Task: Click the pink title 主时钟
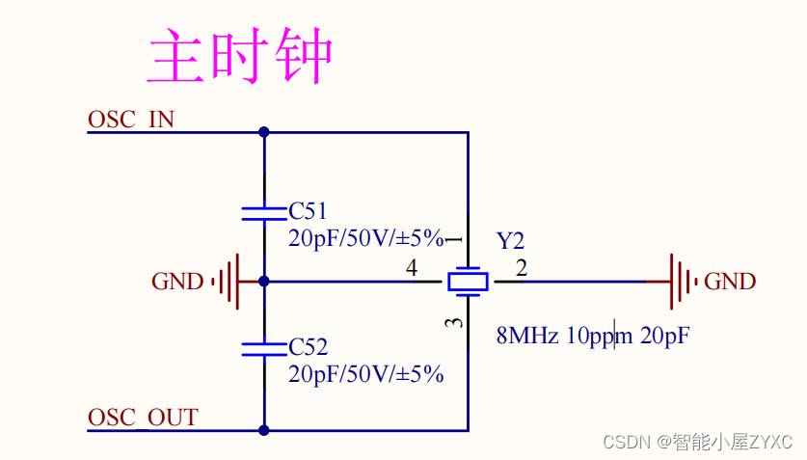[x=240, y=56]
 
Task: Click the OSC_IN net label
[x=131, y=120]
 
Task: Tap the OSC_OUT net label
[x=143, y=418]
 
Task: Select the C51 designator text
[x=308, y=211]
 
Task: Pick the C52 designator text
[x=308, y=347]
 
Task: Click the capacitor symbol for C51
[x=264, y=213]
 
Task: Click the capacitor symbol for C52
[x=264, y=349]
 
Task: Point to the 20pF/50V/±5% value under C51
[x=366, y=238]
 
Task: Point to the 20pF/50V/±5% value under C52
[x=366, y=374]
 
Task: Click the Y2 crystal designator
[x=510, y=241]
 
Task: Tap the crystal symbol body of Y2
[x=468, y=282]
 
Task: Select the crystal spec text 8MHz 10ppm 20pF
[x=593, y=336]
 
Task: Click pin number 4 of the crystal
[x=412, y=267]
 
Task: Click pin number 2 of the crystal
[x=522, y=268]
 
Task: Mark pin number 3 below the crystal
[x=453, y=323]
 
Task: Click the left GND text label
[x=177, y=282]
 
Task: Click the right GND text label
[x=730, y=282]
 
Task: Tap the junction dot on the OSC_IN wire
[x=264, y=132]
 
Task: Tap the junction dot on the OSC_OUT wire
[x=264, y=430]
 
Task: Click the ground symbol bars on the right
[x=684, y=282]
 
